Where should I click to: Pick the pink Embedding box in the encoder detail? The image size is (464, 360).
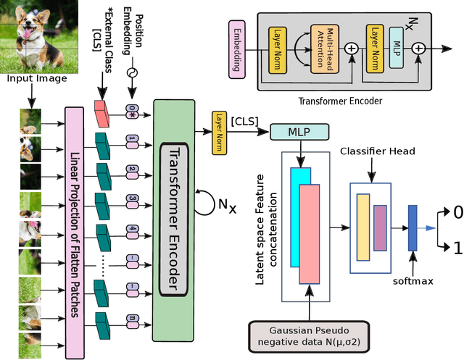pyautogui.click(x=238, y=51)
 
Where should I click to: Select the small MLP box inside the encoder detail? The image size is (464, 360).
pyautogui.click(x=397, y=49)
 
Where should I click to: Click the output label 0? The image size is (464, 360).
pyautogui.click(x=456, y=213)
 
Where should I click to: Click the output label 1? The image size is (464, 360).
pyautogui.click(x=457, y=248)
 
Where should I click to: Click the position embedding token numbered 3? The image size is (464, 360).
pyautogui.click(x=132, y=197)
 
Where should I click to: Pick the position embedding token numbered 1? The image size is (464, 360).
pyautogui.click(x=132, y=138)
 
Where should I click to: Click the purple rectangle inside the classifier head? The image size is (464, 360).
pyautogui.click(x=380, y=226)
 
